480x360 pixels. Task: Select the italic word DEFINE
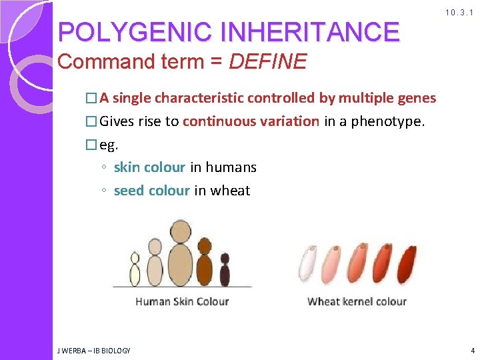click(x=267, y=62)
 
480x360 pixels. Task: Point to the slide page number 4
click(x=472, y=350)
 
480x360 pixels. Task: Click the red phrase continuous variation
click(x=251, y=121)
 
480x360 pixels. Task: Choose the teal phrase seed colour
click(x=152, y=191)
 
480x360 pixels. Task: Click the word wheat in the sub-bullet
click(x=230, y=191)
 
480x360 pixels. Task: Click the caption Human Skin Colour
click(x=182, y=301)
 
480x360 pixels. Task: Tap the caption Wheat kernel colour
click(x=357, y=301)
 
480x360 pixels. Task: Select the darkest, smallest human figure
click(x=225, y=270)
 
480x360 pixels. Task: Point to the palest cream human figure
click(x=135, y=270)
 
